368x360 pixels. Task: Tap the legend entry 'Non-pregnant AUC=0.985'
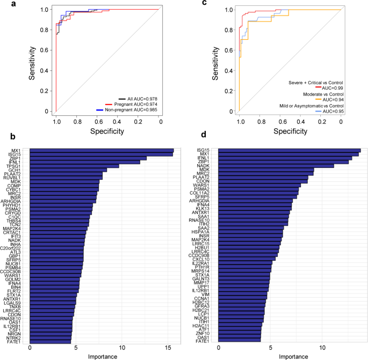[x=128, y=109]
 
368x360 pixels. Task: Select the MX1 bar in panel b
[x=102, y=150]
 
